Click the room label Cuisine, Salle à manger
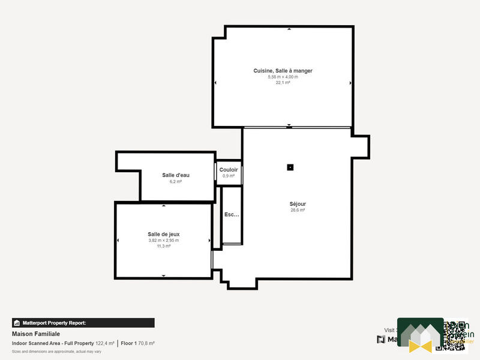pyautogui.click(x=283, y=71)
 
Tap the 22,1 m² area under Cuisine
pyautogui.click(x=283, y=83)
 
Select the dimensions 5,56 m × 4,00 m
pyautogui.click(x=283, y=77)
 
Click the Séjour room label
pyautogui.click(x=298, y=204)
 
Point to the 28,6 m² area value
pyautogui.click(x=298, y=211)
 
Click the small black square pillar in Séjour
pyautogui.click(x=290, y=167)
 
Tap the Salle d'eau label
pyautogui.click(x=176, y=175)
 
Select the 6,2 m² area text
pyautogui.click(x=176, y=181)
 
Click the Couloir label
pyautogui.click(x=229, y=170)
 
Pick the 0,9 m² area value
pyautogui.click(x=229, y=176)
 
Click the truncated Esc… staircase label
pyautogui.click(x=231, y=214)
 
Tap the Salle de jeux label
pyautogui.click(x=164, y=234)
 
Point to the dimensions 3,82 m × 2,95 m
pyautogui.click(x=164, y=240)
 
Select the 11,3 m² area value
pyautogui.click(x=164, y=246)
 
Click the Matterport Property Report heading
pyautogui.click(x=54, y=323)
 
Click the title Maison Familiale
pyautogui.click(x=35, y=334)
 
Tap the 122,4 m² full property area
pyautogui.click(x=104, y=343)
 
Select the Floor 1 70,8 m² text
pyautogui.click(x=137, y=343)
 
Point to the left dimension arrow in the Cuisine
pyautogui.click(x=215, y=83)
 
